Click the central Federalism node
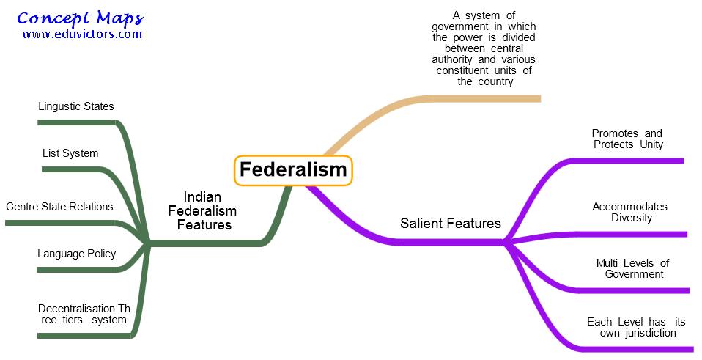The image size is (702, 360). click(293, 170)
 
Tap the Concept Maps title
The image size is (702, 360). click(81, 18)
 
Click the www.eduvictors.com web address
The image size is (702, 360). click(82, 34)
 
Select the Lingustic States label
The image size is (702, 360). click(76, 106)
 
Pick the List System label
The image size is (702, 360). click(70, 153)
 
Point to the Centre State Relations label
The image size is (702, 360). click(59, 207)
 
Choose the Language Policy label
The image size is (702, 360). click(76, 254)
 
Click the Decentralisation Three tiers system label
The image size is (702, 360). click(84, 314)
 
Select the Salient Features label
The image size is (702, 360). click(451, 224)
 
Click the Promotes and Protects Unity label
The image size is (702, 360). click(627, 139)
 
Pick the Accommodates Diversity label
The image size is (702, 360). click(630, 212)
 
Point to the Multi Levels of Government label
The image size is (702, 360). click(633, 268)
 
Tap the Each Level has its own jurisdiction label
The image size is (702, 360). click(632, 327)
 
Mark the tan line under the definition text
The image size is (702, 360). click(484, 98)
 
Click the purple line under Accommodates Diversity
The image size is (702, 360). click(630, 235)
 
